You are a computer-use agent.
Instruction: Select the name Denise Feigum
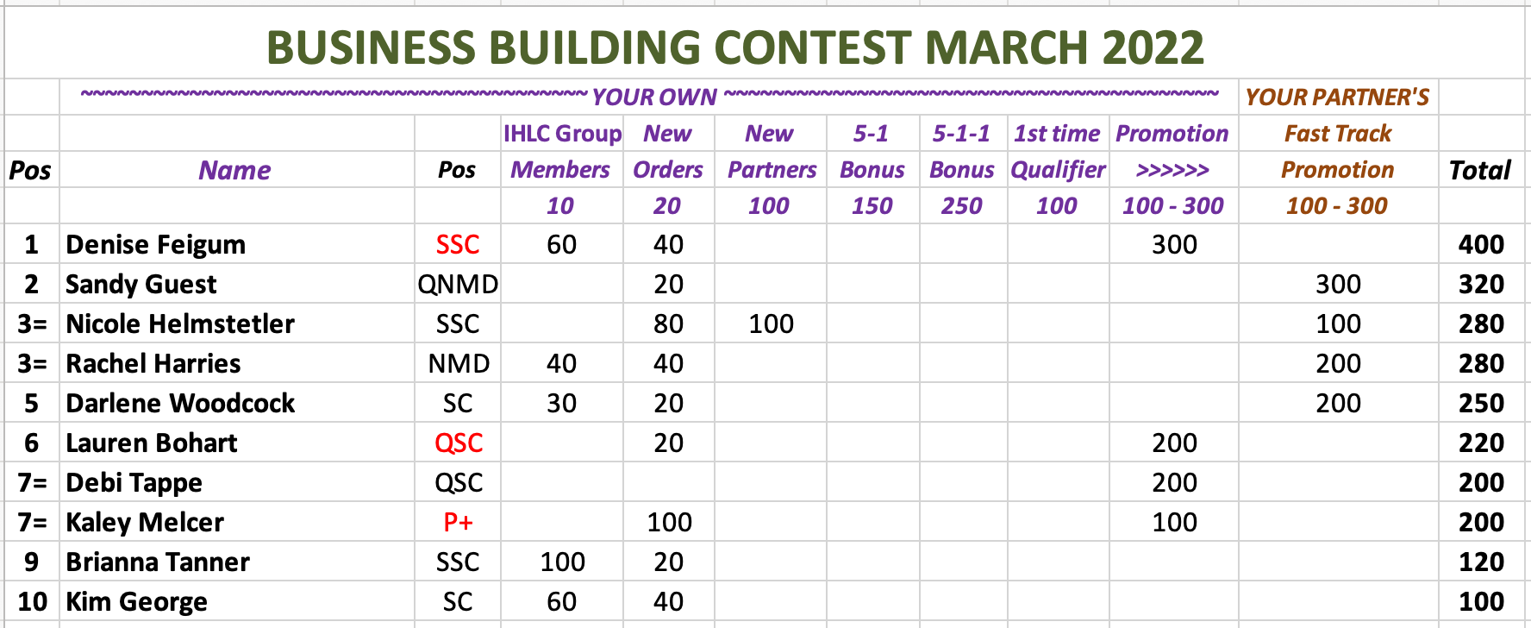pyautogui.click(x=156, y=245)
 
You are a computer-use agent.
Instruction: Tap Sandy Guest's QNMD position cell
pyautogui.click(x=458, y=285)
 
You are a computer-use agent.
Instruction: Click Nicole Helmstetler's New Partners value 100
pyautogui.click(x=771, y=324)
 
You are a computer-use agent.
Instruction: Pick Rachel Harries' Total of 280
pyautogui.click(x=1481, y=364)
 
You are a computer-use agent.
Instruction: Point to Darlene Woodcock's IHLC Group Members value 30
pyautogui.click(x=561, y=404)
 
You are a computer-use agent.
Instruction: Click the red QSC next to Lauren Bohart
pyautogui.click(x=459, y=443)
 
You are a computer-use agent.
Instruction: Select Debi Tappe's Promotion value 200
pyautogui.click(x=1174, y=483)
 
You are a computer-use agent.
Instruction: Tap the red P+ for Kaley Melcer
pyautogui.click(x=458, y=523)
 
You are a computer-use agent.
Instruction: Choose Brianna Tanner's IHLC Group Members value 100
pyautogui.click(x=562, y=562)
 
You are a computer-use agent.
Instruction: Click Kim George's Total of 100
pyautogui.click(x=1481, y=602)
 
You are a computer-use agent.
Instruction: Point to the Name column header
pyautogui.click(x=234, y=171)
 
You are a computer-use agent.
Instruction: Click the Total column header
pyautogui.click(x=1480, y=171)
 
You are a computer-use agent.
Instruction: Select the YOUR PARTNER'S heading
pyautogui.click(x=1337, y=97)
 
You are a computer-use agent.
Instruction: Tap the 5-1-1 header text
pyautogui.click(x=961, y=134)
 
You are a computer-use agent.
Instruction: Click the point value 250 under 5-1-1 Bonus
pyautogui.click(x=961, y=206)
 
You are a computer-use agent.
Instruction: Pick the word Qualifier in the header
pyautogui.click(x=1058, y=171)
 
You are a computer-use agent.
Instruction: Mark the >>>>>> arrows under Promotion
pyautogui.click(x=1172, y=170)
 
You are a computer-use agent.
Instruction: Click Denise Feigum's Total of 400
pyautogui.click(x=1481, y=245)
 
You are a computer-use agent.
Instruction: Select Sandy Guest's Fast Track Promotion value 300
pyautogui.click(x=1338, y=285)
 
